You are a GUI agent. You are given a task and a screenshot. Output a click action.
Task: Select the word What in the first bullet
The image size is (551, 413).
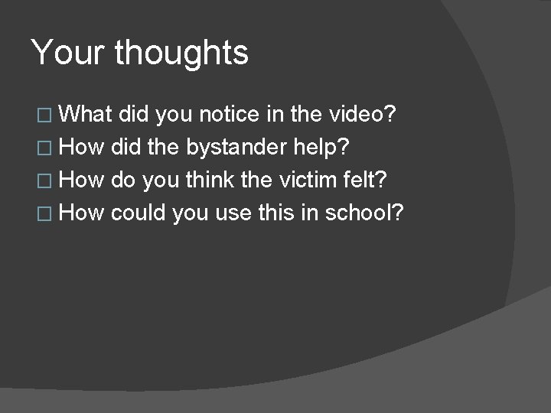point(83,115)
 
